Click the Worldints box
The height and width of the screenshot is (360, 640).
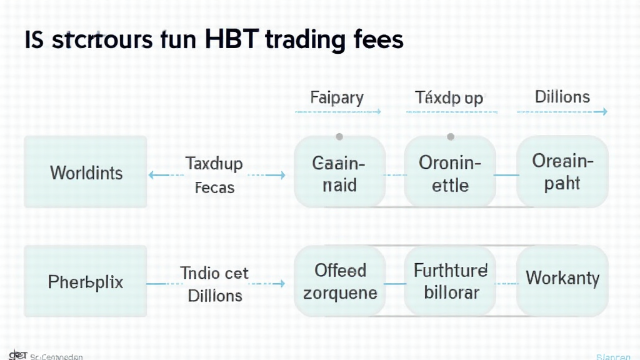86,172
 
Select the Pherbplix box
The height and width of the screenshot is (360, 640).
86,282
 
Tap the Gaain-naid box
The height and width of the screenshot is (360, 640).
339,172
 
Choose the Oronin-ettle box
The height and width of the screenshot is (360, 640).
450,172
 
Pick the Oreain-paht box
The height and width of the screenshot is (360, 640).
562,172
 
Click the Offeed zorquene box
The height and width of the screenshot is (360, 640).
340,281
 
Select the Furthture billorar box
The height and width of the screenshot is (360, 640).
450,281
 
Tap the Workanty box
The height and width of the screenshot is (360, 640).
562,279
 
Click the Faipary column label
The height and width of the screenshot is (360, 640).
337,98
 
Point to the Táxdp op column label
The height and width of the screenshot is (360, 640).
449,98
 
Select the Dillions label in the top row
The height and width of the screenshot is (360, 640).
562,97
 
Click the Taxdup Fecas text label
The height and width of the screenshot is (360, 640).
214,175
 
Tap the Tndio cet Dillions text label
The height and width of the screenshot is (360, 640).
214,283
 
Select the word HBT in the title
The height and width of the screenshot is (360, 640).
231,40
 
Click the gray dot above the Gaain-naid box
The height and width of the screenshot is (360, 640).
339,136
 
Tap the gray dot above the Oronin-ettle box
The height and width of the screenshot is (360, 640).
449,136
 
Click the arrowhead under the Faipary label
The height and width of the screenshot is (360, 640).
378,112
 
